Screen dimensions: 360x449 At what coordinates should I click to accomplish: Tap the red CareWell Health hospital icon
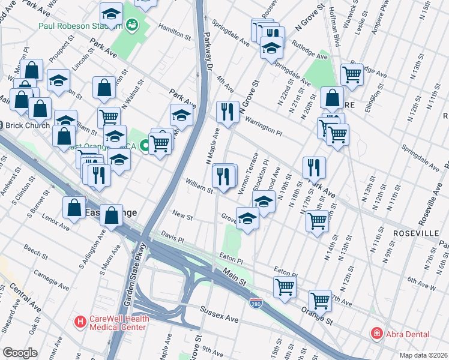(79, 322)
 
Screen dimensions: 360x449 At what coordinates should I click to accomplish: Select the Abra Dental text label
(407, 334)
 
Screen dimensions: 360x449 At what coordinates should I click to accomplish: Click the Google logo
(20, 353)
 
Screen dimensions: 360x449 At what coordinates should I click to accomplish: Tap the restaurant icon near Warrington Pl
(226, 112)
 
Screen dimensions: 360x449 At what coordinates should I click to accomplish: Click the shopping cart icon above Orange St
(320, 299)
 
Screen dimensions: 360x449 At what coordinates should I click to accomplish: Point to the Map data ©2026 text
(424, 355)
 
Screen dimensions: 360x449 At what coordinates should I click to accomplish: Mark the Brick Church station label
(24, 125)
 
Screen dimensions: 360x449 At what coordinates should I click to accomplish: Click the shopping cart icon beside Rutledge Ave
(352, 74)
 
